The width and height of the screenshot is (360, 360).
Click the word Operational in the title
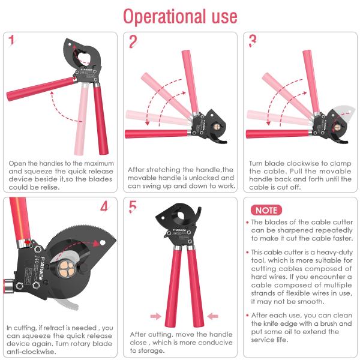164,17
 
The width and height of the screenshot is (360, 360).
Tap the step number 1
11,40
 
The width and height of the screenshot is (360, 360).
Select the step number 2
133,41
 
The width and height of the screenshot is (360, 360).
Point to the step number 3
253,41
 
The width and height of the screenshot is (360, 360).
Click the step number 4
104,206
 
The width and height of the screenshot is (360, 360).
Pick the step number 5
133,206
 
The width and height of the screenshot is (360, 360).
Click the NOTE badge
266,210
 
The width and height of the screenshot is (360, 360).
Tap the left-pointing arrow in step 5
212,316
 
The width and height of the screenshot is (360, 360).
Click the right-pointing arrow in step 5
155,316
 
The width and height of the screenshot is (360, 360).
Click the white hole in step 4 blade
103,242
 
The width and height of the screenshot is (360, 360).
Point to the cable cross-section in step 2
217,127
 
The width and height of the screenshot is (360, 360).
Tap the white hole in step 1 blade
70,44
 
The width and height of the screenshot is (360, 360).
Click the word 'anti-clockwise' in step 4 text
31,352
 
